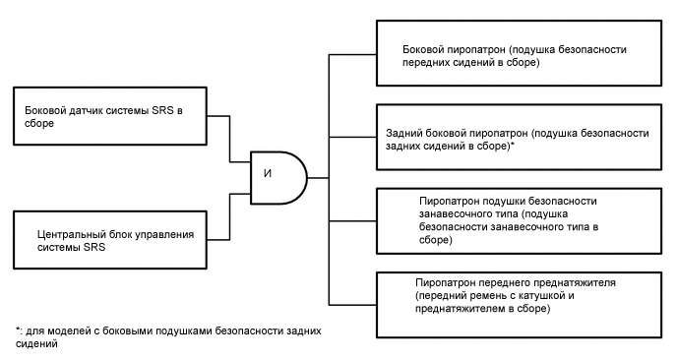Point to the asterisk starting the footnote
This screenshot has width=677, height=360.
[18, 329]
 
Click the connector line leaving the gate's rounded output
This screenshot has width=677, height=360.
[318, 178]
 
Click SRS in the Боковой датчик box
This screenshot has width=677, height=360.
[162, 111]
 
